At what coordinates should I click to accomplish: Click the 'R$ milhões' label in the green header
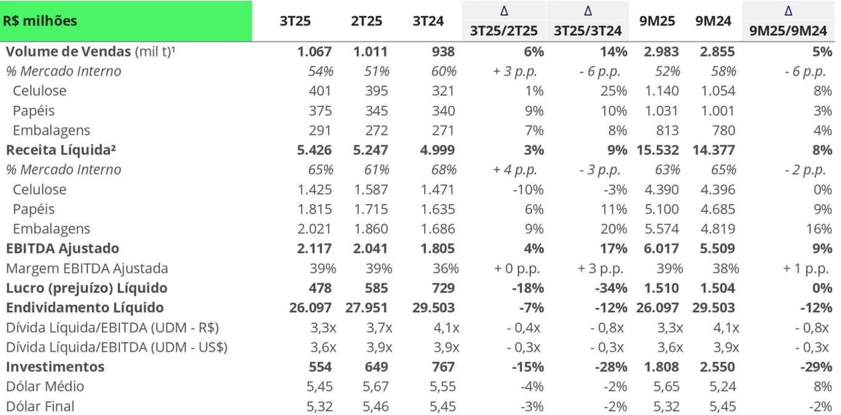tap(40, 21)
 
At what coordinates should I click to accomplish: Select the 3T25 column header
tap(295, 21)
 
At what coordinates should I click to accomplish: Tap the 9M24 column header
tap(713, 21)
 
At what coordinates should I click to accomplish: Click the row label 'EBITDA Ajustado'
tap(63, 248)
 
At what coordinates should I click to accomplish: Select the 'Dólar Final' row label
tap(40, 406)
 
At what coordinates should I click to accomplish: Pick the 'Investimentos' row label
tap(55, 366)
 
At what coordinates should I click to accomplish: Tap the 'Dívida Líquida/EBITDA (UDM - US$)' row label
tap(117, 347)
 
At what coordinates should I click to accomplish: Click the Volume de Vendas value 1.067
tap(314, 52)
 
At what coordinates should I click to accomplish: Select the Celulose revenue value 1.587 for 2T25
tap(371, 189)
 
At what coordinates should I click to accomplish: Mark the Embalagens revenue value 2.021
tap(314, 229)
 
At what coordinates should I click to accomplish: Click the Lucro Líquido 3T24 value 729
tap(442, 288)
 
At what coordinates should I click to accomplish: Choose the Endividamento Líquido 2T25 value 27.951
tap(367, 307)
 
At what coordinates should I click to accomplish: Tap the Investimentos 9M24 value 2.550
tap(717, 366)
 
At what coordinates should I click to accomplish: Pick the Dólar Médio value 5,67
tap(374, 386)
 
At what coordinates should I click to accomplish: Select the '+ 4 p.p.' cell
tap(515, 170)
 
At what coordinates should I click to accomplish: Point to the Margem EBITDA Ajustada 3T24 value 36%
tap(446, 268)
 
